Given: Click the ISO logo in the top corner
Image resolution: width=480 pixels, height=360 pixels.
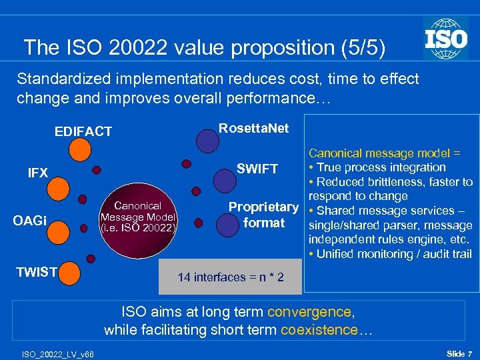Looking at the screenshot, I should point(446,38).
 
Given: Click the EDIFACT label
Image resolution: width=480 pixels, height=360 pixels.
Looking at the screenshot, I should point(83,132).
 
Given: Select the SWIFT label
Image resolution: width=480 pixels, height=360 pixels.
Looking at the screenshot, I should point(257,169).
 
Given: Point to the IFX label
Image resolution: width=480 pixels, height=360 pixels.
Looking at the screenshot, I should point(38,173).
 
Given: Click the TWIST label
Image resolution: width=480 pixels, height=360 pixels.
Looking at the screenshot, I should point(37,271).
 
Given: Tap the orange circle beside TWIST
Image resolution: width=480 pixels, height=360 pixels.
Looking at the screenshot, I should point(70,272).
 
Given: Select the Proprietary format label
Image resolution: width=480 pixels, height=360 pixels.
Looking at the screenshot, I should point(263,215).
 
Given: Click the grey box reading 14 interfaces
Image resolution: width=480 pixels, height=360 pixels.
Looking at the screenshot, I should point(230,277).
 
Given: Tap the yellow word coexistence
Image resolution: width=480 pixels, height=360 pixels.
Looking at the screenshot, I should point(319,330).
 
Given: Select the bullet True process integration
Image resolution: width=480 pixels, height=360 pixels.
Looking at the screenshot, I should point(377,167).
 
